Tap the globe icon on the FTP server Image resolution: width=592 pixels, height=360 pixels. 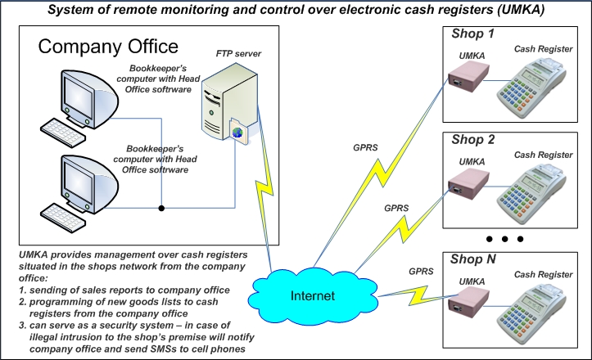pyautogui.click(x=237, y=132)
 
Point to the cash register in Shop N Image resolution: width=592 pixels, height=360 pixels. pyautogui.click(x=545, y=307)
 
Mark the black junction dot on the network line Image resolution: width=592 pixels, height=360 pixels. pyautogui.click(x=162, y=208)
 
